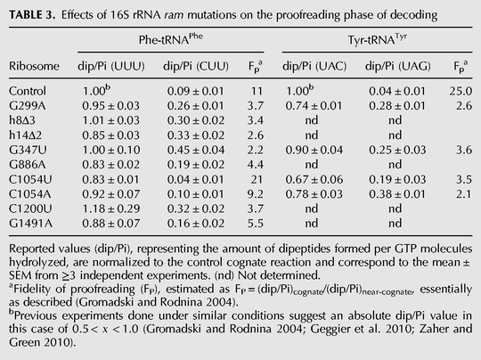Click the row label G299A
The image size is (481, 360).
click(28, 106)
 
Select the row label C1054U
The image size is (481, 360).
click(30, 179)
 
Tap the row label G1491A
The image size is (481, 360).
click(30, 224)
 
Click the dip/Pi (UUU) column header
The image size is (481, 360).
click(111, 66)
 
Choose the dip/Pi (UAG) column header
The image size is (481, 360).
click(398, 66)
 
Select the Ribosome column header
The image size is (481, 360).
click(34, 66)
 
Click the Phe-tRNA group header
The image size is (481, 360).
click(170, 39)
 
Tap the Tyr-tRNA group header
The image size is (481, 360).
click(378, 39)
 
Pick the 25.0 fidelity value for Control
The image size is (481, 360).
click(461, 91)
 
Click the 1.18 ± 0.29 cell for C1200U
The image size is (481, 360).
click(111, 209)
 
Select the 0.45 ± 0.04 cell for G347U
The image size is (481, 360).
click(196, 150)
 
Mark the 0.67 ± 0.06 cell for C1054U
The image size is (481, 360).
click(314, 179)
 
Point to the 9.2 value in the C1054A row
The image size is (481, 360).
click(256, 194)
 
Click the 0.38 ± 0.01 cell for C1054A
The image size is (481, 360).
click(397, 194)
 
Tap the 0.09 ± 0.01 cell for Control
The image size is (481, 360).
click(196, 91)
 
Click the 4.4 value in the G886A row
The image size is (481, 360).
click(256, 165)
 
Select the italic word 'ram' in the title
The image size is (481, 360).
click(174, 16)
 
